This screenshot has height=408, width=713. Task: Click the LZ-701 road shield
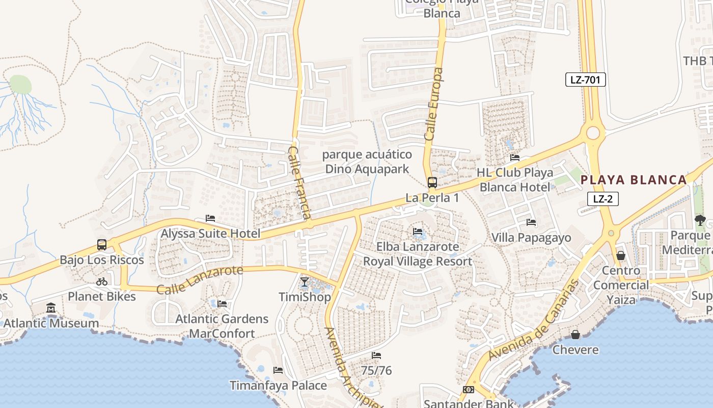click(585, 80)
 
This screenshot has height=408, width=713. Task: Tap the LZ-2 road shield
click(603, 199)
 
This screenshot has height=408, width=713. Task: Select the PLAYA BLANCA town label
click(634, 180)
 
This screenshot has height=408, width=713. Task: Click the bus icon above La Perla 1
click(432, 182)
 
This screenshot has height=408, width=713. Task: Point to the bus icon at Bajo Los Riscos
click(102, 245)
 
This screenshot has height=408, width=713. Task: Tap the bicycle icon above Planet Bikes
click(102, 282)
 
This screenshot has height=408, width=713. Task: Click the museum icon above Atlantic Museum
click(51, 308)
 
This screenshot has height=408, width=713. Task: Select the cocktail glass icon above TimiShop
click(305, 282)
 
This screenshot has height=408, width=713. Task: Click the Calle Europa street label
click(433, 105)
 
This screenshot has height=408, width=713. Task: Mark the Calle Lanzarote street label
click(200, 279)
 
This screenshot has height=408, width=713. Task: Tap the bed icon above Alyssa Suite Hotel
click(210, 218)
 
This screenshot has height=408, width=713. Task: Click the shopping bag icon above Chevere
click(575, 335)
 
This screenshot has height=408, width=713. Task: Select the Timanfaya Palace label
click(278, 386)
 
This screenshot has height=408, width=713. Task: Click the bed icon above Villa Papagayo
click(531, 222)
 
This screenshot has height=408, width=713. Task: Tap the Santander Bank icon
click(468, 390)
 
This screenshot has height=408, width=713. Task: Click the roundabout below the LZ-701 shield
click(593, 133)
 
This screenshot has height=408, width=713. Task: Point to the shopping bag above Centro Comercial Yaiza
click(621, 255)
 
